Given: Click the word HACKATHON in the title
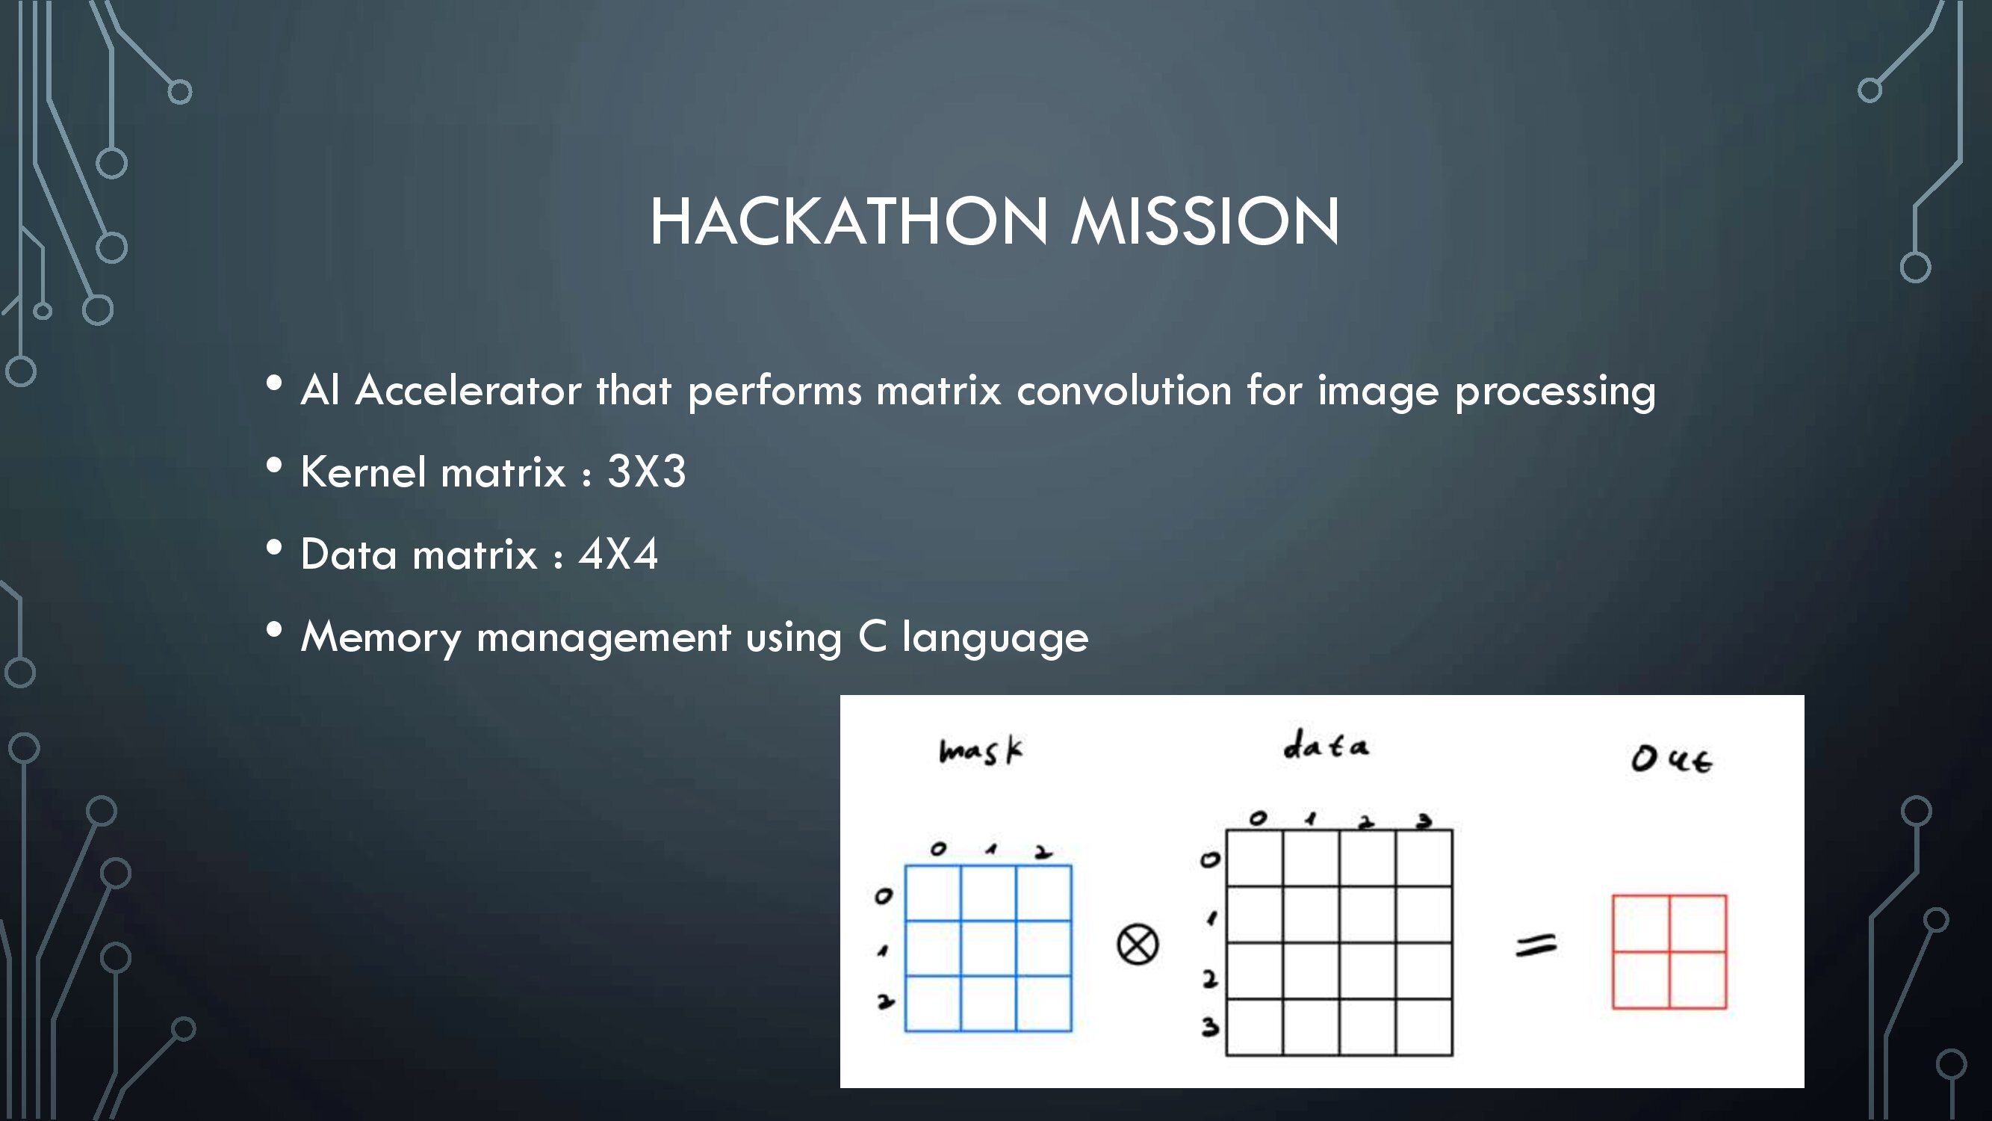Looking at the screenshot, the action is tap(849, 221).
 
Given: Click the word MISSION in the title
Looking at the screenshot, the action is tap(1205, 221).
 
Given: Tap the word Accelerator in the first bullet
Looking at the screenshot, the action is tap(468, 390).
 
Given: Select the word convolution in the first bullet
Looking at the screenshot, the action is tap(1123, 390).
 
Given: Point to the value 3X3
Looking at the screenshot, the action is tap(647, 471).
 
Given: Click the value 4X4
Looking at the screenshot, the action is tap(618, 554).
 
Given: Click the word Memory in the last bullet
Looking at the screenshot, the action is tap(380, 638).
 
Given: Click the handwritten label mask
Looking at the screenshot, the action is tap(981, 750).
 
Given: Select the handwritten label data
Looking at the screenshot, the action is tap(1326, 745).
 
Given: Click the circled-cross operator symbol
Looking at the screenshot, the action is tap(1138, 945).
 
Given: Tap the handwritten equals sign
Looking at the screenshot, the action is tap(1536, 945).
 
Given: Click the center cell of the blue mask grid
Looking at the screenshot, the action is tap(988, 948).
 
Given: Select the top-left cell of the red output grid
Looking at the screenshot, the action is tap(1641, 924).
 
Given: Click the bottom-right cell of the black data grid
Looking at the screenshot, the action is tap(1424, 1027).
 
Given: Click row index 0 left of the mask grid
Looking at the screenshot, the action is tap(883, 896).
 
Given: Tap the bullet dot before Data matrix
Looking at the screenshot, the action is tap(274, 548).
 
